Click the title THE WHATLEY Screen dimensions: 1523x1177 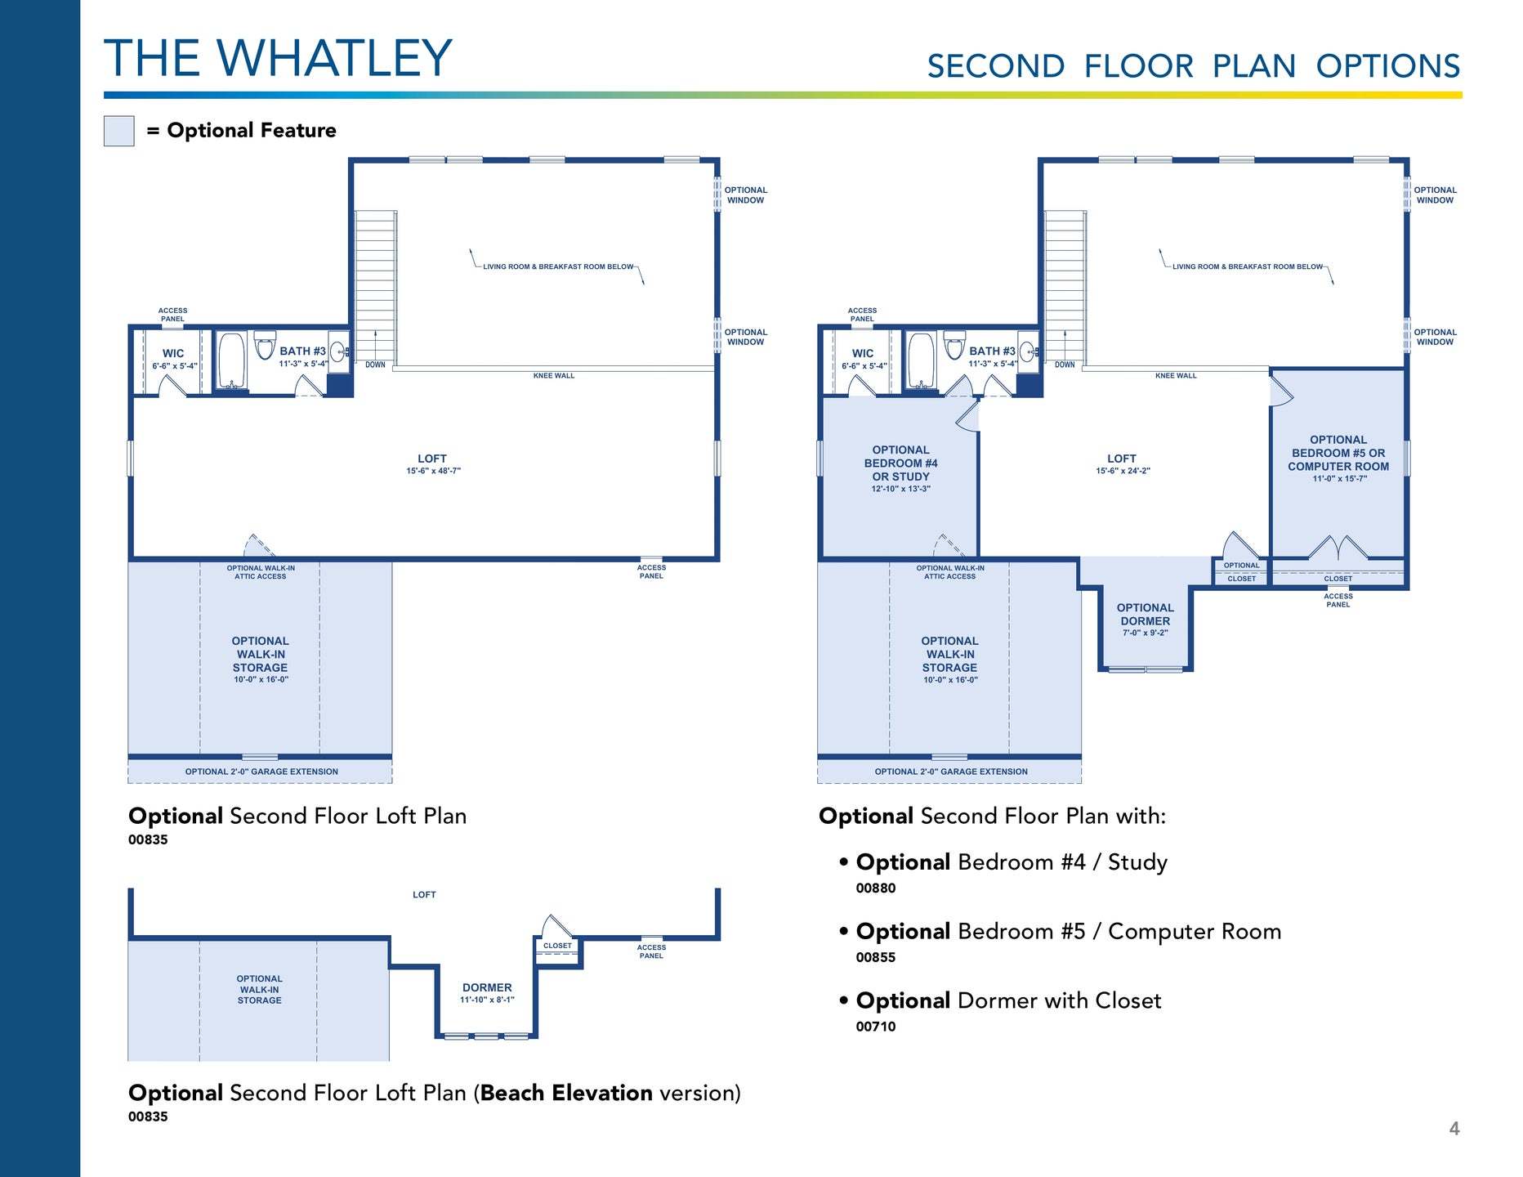click(278, 58)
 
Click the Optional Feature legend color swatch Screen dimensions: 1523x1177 click(118, 131)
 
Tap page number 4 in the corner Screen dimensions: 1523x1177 click(1454, 1129)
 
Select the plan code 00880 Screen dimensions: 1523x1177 click(875, 888)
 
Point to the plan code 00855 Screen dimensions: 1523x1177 click(875, 957)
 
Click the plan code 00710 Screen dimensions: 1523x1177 click(875, 1027)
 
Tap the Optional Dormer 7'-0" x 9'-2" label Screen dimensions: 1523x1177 click(1145, 620)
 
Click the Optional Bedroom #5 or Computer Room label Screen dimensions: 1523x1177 click(1338, 459)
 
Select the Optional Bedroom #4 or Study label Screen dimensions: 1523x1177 click(900, 469)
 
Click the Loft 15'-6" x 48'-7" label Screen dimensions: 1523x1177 click(433, 464)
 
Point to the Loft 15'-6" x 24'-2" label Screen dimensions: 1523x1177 click(1122, 464)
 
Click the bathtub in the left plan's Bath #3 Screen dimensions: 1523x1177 click(232, 360)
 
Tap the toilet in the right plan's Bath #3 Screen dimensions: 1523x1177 click(954, 345)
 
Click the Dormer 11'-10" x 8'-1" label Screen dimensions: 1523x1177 click(487, 993)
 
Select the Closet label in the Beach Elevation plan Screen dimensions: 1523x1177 click(557, 946)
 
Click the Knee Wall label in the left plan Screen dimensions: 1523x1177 click(554, 376)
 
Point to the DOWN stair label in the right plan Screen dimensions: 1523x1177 click(1065, 365)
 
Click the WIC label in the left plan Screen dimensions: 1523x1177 click(173, 354)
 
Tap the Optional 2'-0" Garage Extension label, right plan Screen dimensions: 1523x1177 click(949, 772)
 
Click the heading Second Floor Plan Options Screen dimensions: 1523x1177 click(1193, 66)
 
